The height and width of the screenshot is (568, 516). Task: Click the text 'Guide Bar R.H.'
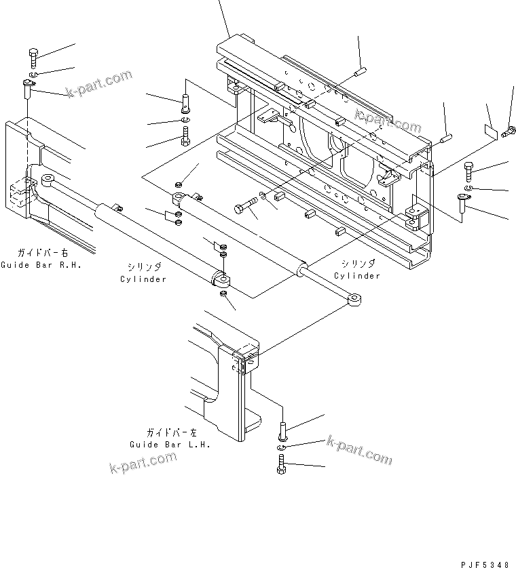pos(41,265)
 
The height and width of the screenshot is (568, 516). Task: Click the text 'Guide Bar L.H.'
pos(170,445)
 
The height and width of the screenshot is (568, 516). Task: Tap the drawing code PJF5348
pos(485,565)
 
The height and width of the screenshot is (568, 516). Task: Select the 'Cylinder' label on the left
pos(143,279)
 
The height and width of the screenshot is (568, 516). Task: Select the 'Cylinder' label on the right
pos(357,276)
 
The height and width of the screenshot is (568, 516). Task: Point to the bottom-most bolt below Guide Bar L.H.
pos(282,464)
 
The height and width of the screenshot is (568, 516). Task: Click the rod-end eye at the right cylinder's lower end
pos(354,300)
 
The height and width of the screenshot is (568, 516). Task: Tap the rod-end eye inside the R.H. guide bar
pos(48,180)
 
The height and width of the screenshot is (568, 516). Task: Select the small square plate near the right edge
pos(491,131)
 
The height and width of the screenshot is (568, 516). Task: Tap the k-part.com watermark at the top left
pos(99,83)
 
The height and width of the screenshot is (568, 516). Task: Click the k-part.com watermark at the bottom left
pos(143,462)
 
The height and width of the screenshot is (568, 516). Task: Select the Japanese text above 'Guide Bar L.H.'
pos(172,432)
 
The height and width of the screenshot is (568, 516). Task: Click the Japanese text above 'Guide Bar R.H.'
pos(43,253)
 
